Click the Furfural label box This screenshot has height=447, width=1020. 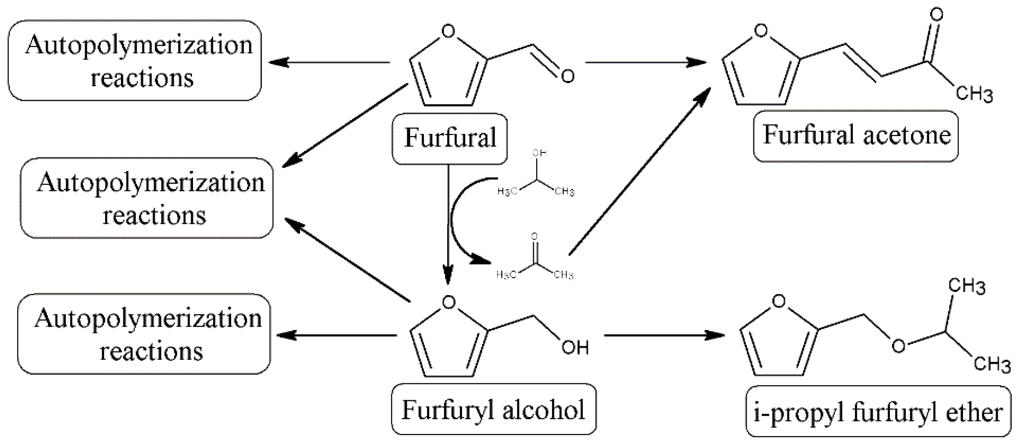point(449,138)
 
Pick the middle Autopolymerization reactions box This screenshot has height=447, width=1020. point(147,198)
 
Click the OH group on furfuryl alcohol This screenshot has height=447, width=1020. point(575,348)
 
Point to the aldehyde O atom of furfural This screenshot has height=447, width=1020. point(567,76)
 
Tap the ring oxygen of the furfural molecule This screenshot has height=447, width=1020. point(448,31)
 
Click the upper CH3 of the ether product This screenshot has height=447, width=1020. point(967,286)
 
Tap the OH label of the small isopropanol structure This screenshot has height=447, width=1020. point(539,153)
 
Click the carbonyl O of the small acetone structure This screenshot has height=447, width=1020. point(534,237)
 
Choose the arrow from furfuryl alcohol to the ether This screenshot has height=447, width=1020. point(663,335)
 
